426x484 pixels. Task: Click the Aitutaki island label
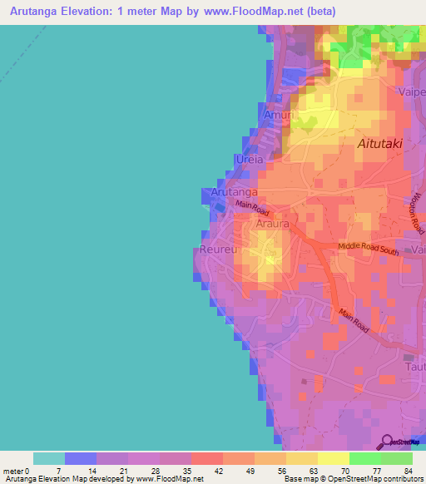click(x=379, y=144)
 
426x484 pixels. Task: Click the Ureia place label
click(x=250, y=159)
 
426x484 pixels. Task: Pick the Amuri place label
click(x=276, y=116)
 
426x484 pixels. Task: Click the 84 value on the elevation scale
click(x=407, y=471)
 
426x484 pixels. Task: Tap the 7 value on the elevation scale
click(x=57, y=471)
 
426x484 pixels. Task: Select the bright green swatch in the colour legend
click(x=364, y=458)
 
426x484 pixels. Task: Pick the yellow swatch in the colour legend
click(x=333, y=458)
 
